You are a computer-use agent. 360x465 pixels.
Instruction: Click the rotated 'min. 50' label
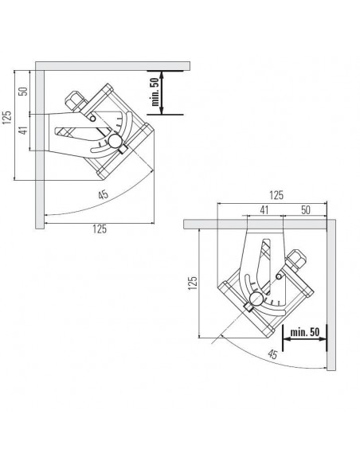pos(155,92)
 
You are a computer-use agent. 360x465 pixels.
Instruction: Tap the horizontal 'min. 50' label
pos(305,332)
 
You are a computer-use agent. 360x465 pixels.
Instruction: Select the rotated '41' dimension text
pos(23,130)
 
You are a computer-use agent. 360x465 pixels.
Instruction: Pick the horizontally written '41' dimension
pos(264,210)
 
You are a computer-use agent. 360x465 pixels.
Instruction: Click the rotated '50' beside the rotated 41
pos(23,91)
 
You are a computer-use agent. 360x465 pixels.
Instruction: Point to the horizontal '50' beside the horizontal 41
pos(305,210)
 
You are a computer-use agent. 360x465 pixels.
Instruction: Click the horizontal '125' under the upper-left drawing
pos(100,229)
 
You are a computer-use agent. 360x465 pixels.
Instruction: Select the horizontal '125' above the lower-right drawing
pos(276,195)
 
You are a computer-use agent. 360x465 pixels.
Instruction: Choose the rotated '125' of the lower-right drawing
pos(193,283)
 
